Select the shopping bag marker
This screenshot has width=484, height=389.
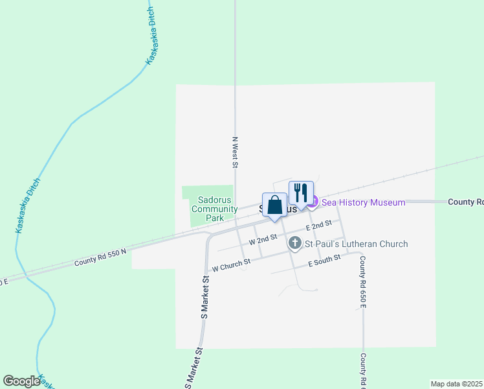[274, 206]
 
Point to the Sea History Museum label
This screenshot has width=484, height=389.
[364, 203]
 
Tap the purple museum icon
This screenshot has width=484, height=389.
[313, 203]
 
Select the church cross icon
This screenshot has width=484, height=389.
[295, 244]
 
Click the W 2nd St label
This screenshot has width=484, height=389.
[263, 239]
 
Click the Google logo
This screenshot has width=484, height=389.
[22, 381]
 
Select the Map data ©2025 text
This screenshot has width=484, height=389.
[456, 384]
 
